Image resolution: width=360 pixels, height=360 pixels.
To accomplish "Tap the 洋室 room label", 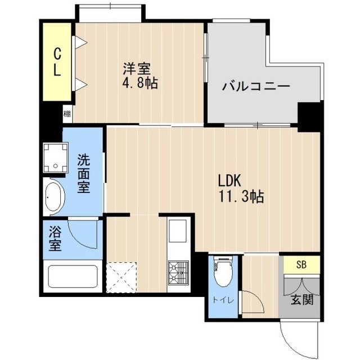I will point(137,69).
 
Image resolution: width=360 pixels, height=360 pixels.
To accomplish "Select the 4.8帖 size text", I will point(141,84).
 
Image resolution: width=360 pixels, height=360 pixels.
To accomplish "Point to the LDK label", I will point(229,181).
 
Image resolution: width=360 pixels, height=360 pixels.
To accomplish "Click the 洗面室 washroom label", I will point(83,174).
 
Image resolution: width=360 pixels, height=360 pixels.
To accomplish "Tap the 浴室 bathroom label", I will point(55,238).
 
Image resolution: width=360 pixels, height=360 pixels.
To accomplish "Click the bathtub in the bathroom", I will point(73,278).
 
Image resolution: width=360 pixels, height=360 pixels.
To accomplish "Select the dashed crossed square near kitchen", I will point(121,277).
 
